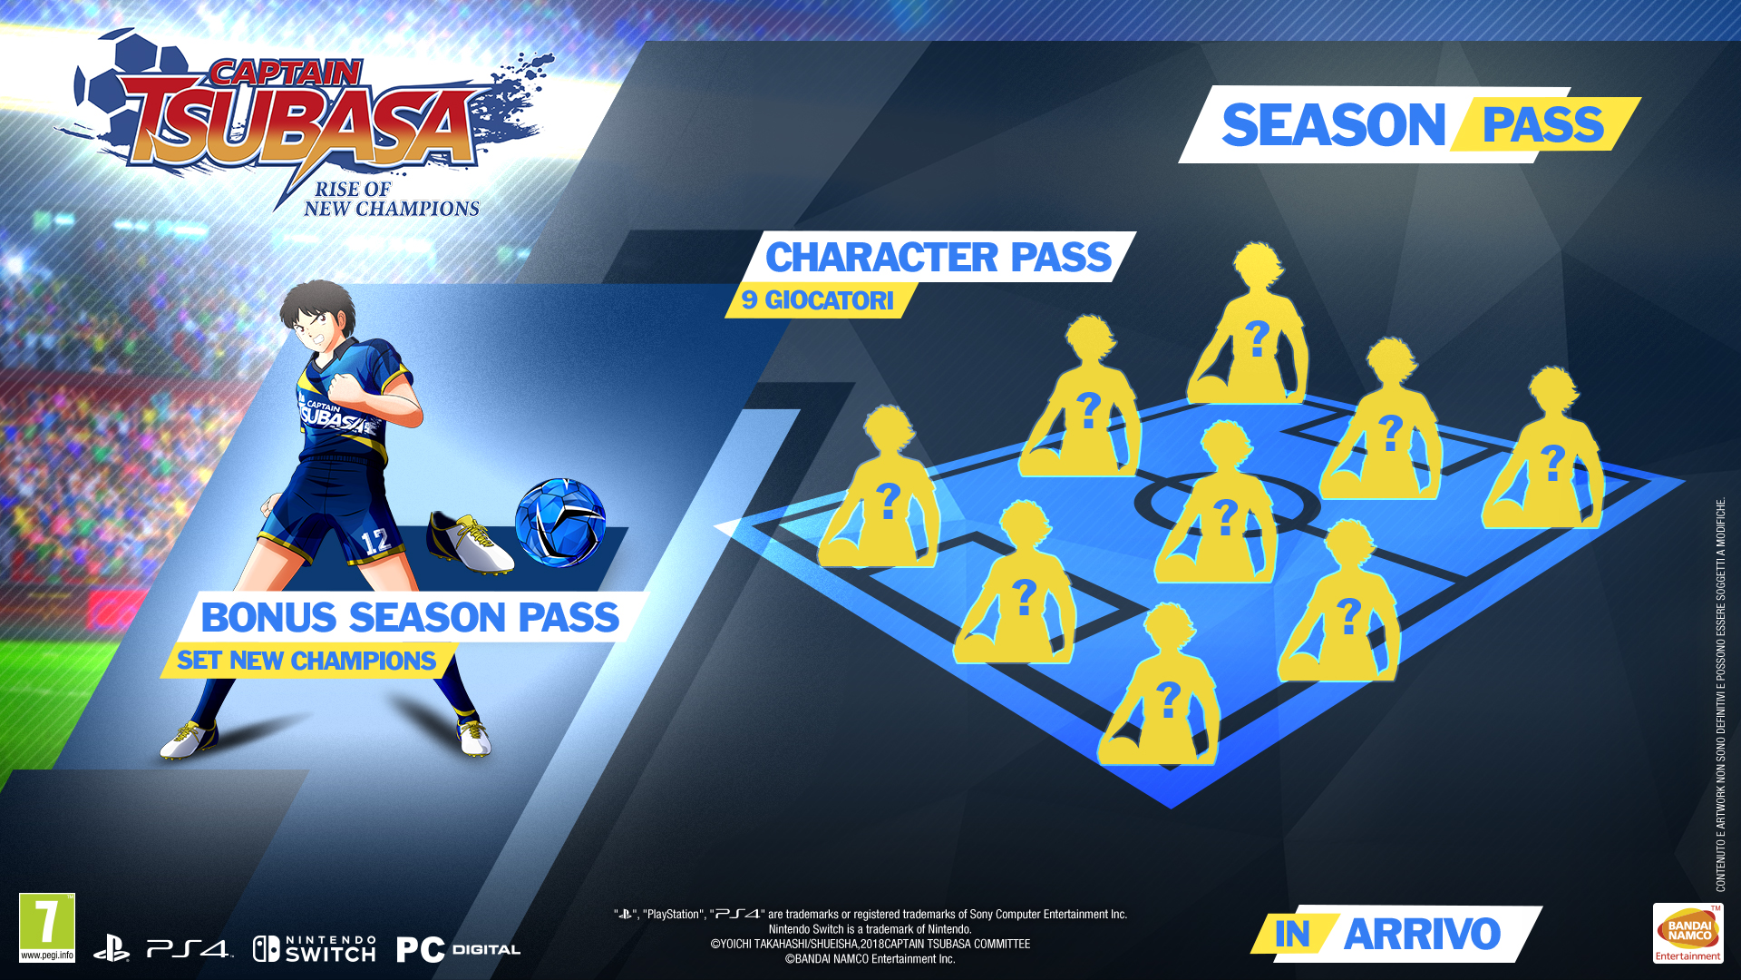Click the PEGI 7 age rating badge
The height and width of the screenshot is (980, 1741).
click(x=47, y=927)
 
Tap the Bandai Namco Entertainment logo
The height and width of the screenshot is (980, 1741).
click(x=1688, y=933)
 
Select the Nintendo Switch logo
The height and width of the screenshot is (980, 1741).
click(x=314, y=949)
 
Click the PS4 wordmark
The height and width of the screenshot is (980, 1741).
click(x=189, y=950)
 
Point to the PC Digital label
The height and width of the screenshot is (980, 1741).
click(x=458, y=950)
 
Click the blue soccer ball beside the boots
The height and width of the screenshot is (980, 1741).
click(x=560, y=523)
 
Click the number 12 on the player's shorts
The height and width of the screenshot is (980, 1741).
click(x=376, y=542)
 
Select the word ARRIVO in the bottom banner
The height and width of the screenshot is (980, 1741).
click(x=1422, y=934)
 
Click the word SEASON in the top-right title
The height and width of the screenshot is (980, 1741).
click(x=1333, y=125)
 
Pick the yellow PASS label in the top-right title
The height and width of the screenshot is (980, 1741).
click(x=1543, y=125)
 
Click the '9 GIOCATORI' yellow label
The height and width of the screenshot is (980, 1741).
click(x=818, y=300)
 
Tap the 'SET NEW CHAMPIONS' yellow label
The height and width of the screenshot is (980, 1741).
click(x=306, y=661)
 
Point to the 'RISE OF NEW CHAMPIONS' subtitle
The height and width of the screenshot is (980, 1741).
click(x=392, y=199)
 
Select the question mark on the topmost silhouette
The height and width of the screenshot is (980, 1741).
click(x=1257, y=339)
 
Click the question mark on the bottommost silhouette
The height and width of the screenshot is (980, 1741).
click(x=1169, y=700)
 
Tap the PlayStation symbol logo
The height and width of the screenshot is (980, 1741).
click(x=112, y=949)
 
